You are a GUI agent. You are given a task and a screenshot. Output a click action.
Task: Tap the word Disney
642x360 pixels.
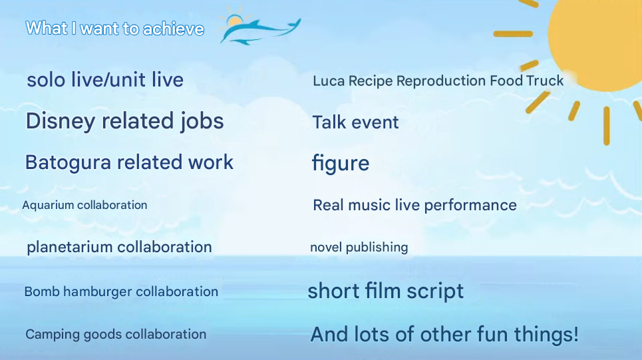click(60, 121)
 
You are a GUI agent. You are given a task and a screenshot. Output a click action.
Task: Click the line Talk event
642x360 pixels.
click(355, 122)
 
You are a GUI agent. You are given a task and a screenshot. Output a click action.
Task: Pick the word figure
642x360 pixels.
click(341, 164)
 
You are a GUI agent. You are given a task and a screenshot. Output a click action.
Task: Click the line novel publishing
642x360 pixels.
click(359, 248)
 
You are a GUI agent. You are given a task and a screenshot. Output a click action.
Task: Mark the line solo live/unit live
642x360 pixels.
click(105, 79)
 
